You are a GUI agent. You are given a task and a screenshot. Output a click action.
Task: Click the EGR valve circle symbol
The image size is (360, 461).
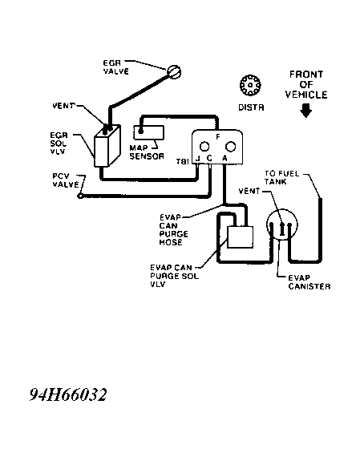(x=174, y=72)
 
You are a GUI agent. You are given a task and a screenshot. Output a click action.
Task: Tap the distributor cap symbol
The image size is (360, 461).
(x=250, y=85)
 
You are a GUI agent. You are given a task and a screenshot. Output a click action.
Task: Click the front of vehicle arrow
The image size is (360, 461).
(x=306, y=111)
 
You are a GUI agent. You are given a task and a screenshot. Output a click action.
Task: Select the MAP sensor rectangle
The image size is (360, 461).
(x=149, y=132)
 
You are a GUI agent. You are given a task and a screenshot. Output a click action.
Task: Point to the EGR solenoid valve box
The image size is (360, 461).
(x=107, y=146)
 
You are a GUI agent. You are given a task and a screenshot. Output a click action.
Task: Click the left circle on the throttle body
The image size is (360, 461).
(x=204, y=147)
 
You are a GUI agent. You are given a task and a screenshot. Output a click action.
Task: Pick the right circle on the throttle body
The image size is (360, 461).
(x=230, y=147)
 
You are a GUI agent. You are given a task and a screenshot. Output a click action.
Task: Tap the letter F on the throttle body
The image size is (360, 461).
(x=218, y=137)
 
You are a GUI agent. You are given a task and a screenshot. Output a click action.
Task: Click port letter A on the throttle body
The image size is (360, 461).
(x=224, y=159)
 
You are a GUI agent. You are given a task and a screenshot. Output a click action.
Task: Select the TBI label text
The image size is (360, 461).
(x=182, y=162)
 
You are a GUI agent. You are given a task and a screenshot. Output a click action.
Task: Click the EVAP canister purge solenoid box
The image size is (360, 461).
(x=241, y=237)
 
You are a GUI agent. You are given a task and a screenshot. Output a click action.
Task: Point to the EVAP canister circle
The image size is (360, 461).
(x=281, y=225)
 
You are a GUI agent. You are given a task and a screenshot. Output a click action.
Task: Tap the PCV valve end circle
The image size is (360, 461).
(x=79, y=196)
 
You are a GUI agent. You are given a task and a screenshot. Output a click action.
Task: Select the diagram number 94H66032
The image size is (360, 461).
(x=68, y=394)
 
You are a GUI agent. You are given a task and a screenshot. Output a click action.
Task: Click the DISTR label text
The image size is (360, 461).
(x=251, y=107)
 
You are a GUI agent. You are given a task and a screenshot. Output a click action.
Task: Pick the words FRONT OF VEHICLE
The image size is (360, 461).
(x=306, y=84)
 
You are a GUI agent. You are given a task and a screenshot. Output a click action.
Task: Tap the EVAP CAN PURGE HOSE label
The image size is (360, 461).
(x=173, y=230)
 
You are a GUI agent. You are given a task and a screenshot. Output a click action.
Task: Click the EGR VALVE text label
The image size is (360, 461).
(x=116, y=67)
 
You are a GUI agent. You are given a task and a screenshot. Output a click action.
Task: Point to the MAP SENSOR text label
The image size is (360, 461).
(x=147, y=152)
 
